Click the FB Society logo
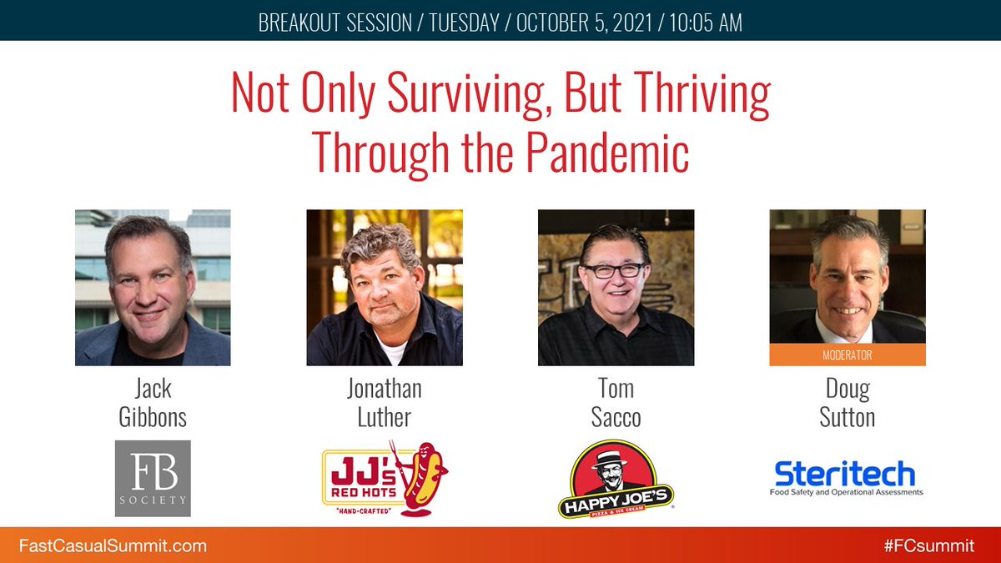[x=153, y=478]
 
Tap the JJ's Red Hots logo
[x=385, y=479]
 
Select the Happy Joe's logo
[x=616, y=479]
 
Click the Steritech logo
[x=846, y=477]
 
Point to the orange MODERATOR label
[x=847, y=354]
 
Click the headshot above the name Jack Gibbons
[x=153, y=288]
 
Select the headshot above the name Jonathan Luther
[x=385, y=288]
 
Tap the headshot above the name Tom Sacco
[x=616, y=288]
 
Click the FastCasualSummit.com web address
[x=113, y=546]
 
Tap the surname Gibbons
[x=153, y=416]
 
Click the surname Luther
[x=385, y=416]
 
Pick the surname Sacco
[x=616, y=416]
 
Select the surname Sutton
[x=847, y=416]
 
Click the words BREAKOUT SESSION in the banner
[x=335, y=23]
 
